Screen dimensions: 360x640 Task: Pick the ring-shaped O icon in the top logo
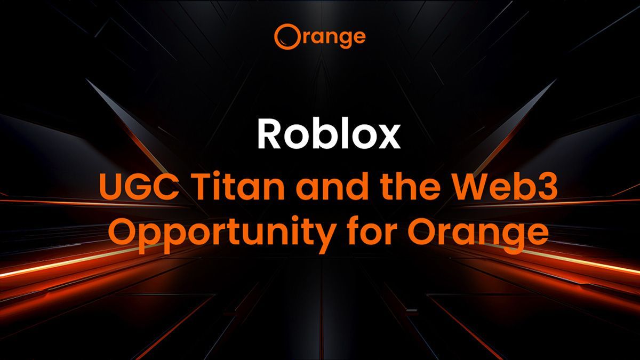pos(285,36)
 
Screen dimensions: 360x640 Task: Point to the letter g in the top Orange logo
pos(342,39)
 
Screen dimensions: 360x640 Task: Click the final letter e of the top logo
pos(359,37)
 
